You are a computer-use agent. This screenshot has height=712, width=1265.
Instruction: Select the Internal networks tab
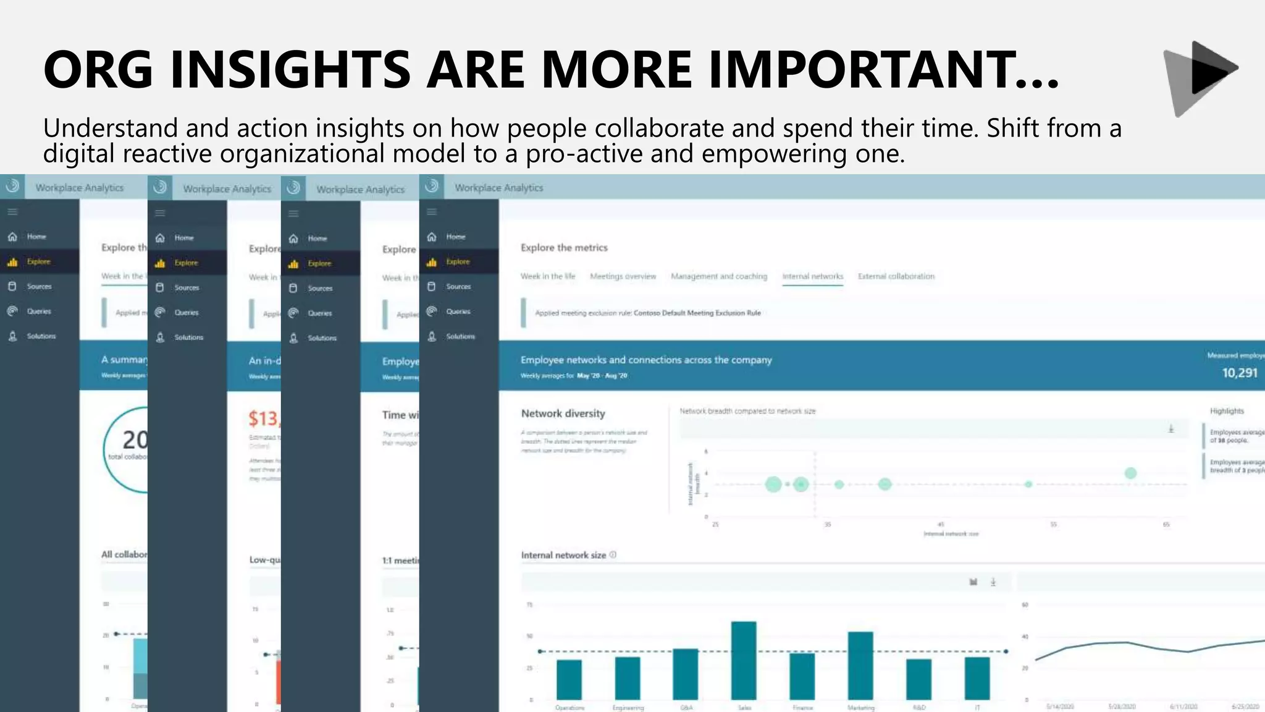point(812,276)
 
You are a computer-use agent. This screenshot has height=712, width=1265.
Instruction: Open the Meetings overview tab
point(623,276)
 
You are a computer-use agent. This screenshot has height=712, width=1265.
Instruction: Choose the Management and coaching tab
point(719,276)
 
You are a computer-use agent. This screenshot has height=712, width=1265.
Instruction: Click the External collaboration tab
point(896,276)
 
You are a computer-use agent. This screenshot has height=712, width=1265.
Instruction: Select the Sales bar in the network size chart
point(744,660)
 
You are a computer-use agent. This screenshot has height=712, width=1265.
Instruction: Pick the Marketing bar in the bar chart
point(860,665)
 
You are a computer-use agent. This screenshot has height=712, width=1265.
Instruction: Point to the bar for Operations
point(569,679)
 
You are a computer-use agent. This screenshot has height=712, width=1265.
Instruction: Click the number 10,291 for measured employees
point(1239,373)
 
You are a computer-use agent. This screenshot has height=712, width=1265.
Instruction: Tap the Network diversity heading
point(563,413)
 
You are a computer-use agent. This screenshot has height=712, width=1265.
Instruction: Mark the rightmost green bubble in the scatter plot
point(1130,473)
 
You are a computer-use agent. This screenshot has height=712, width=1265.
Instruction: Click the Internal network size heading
point(563,555)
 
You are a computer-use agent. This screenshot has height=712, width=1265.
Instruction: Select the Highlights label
point(1227,411)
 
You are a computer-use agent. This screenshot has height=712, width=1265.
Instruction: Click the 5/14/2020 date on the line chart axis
point(1060,706)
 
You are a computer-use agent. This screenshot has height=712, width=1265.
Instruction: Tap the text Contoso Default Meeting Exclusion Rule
point(697,313)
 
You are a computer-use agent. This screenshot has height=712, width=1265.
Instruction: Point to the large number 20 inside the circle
point(135,440)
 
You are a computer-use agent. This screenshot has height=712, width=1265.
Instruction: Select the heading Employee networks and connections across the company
point(646,360)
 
